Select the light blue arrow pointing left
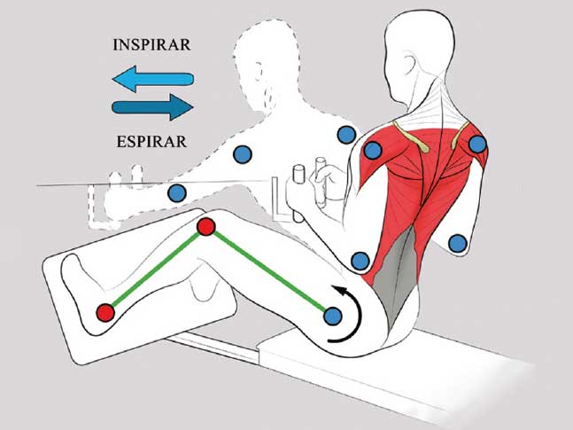coord(152,81)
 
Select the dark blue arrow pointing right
coord(153,108)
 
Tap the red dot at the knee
coord(206,227)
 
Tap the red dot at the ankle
coord(105,312)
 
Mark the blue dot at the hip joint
coord(333,316)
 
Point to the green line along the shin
coord(156,270)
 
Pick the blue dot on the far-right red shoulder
coord(477,144)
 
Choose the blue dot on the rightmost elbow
coord(457,242)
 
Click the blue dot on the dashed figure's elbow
coord(241,154)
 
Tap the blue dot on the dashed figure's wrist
coord(176,192)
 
